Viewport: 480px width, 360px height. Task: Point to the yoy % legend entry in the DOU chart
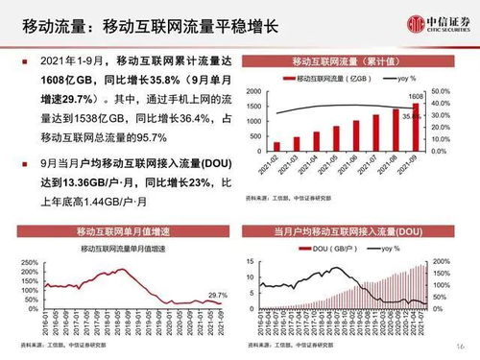(x=387, y=249)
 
